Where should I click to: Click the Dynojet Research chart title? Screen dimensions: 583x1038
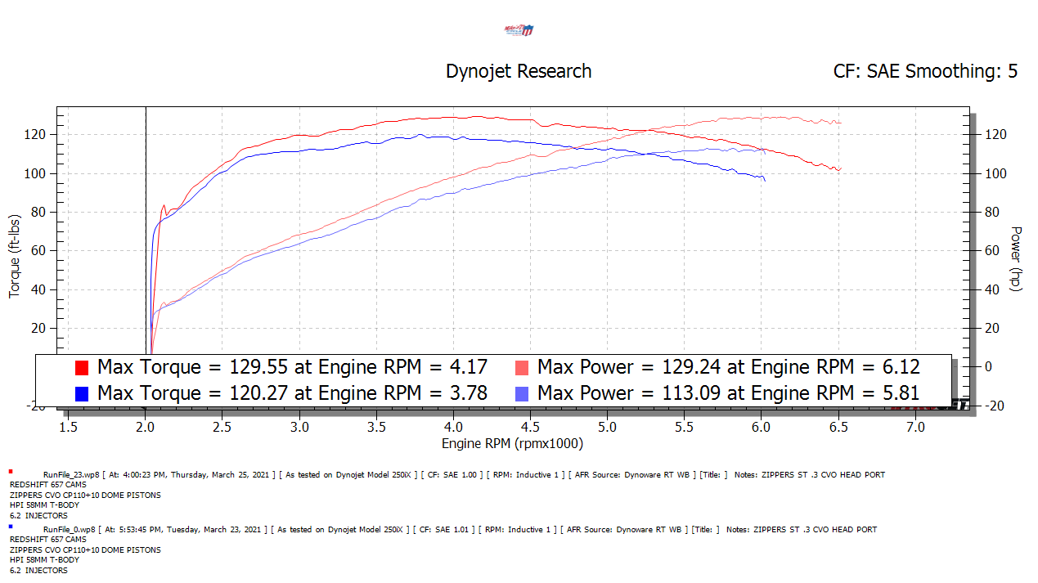tap(518, 71)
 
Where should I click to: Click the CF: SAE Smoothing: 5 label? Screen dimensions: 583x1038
tap(925, 71)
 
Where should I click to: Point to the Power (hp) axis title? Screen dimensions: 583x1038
tap(1017, 258)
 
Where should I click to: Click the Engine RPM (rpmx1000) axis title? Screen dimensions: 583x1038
tap(512, 444)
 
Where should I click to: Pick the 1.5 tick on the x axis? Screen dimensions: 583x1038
tap(68, 427)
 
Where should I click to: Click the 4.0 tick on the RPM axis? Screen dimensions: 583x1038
tap(453, 427)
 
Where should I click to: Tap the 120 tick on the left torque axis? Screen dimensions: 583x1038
tap(36, 134)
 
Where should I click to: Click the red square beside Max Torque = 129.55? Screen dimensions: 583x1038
tap(82, 367)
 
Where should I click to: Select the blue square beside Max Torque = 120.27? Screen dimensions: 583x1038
tap(82, 394)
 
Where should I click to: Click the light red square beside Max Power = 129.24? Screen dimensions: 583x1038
tap(522, 367)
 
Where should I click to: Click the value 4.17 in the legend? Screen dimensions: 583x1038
tap(469, 366)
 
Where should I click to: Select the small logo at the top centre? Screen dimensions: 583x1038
tap(519, 30)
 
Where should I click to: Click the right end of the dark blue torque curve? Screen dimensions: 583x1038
tap(765, 179)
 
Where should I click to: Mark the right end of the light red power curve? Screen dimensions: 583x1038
tap(840, 123)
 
